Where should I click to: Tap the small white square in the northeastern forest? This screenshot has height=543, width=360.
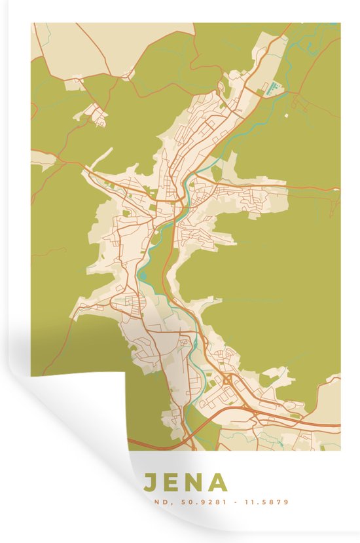coord(286,116)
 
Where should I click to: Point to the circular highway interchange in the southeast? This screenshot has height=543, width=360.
coord(226,380)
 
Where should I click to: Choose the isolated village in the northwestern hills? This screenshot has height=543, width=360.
coord(98,115)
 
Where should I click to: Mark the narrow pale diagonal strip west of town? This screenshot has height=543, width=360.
coord(102,157)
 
